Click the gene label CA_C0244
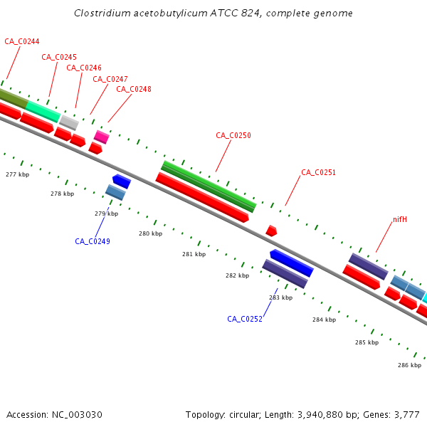[22, 41]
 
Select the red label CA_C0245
[59, 57]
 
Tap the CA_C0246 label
[84, 68]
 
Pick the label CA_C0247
[110, 79]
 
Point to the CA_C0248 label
[134, 89]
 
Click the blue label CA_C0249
[93, 241]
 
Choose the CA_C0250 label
[233, 135]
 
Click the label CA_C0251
[318, 172]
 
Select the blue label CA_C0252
[245, 319]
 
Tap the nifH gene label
[400, 219]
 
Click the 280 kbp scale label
[150, 233]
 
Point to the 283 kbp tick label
[280, 297]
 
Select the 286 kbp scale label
[409, 365]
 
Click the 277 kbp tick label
[17, 174]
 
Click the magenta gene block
[102, 137]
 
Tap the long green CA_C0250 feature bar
[209, 186]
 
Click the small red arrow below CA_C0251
[271, 231]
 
